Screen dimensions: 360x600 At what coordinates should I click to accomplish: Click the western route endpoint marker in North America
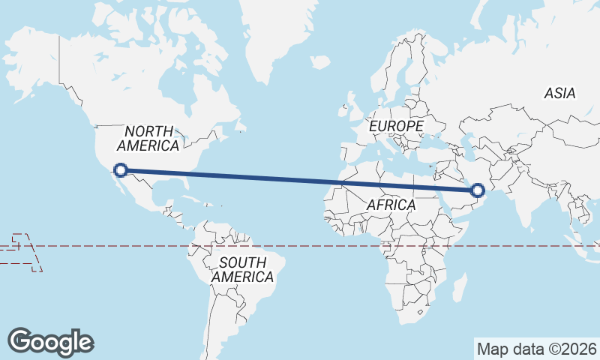[x=121, y=170]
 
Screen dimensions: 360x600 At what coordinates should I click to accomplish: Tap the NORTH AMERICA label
[x=148, y=138]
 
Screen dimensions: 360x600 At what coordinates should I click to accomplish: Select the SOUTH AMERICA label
[x=242, y=270]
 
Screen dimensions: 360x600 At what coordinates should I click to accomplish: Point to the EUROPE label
[x=396, y=127]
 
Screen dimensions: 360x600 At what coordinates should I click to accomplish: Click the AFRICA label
[x=391, y=205]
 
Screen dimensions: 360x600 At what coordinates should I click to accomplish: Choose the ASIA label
[x=559, y=94]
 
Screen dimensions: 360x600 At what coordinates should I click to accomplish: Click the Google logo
[x=51, y=341]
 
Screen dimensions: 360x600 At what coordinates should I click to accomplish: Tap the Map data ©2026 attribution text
[x=536, y=349]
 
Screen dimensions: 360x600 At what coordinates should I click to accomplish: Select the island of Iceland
[x=320, y=62]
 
